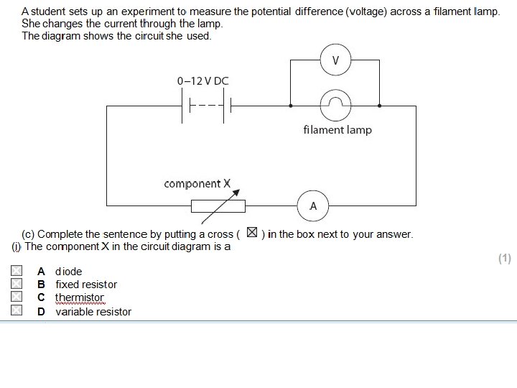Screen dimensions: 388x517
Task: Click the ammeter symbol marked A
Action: (313, 207)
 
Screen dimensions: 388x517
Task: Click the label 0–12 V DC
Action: (202, 81)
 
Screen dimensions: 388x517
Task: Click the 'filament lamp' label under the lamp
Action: (337, 130)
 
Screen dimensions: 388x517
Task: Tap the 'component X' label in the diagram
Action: (197, 184)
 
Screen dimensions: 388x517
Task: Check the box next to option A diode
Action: (17, 272)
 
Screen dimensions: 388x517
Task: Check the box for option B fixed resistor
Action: (17, 285)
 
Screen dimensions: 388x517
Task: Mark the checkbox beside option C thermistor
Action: (17, 297)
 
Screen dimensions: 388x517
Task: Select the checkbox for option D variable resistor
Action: (17, 311)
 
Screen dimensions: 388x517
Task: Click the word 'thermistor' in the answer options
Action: (80, 297)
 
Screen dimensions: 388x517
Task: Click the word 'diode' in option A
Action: (69, 272)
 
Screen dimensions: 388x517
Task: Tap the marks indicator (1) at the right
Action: (504, 259)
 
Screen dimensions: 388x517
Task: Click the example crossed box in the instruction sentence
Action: (251, 233)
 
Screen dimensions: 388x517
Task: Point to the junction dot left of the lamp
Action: (290, 106)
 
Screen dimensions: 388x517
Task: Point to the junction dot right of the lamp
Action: (379, 106)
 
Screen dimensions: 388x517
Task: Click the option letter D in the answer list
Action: (42, 311)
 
